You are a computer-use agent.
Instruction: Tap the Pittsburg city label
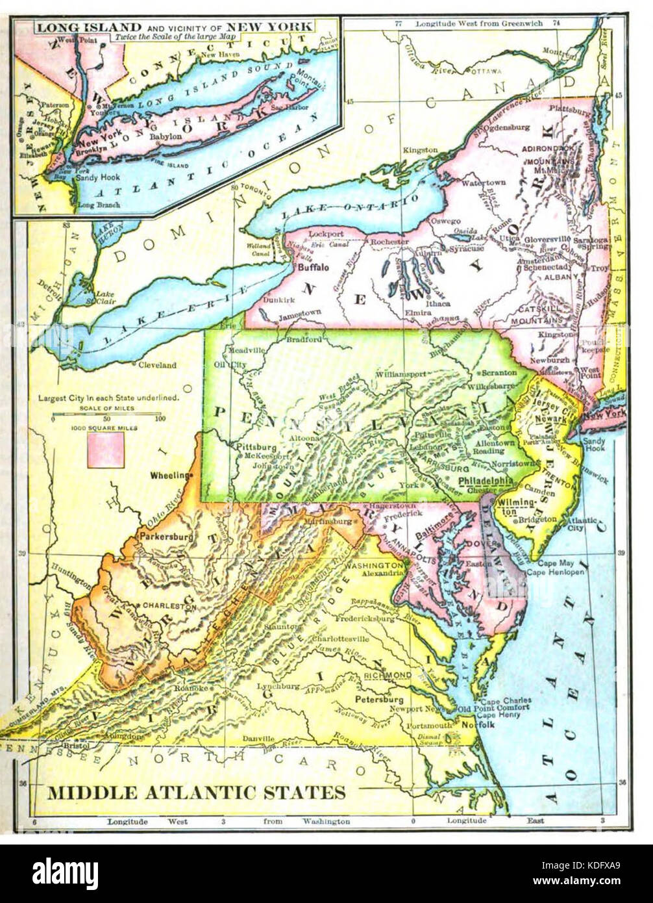(x=252, y=447)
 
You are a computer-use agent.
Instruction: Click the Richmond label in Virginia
(x=388, y=676)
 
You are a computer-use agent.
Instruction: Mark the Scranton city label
(x=500, y=373)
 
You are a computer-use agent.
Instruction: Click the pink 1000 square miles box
(x=106, y=450)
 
